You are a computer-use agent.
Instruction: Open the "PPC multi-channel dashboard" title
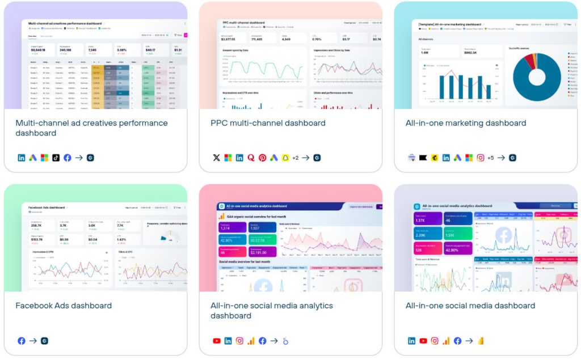268,123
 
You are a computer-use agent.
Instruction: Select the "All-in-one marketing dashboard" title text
465,123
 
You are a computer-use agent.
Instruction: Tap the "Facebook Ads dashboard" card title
64,306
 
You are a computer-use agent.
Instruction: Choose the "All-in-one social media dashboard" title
470,306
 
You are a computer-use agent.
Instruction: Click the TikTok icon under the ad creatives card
56,158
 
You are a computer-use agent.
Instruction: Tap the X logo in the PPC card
216,158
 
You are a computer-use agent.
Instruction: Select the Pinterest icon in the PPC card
262,158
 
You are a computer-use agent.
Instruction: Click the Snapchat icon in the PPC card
285,158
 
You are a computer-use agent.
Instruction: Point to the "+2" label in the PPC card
295,158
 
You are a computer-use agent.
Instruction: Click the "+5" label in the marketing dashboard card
490,158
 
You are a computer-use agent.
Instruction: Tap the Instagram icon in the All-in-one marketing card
480,158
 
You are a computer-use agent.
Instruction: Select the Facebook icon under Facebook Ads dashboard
22,341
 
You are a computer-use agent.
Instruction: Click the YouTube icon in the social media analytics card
216,341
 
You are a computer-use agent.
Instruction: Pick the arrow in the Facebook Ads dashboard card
32,341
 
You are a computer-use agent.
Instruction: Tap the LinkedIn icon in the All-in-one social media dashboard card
411,341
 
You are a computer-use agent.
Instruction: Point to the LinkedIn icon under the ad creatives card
22,158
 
